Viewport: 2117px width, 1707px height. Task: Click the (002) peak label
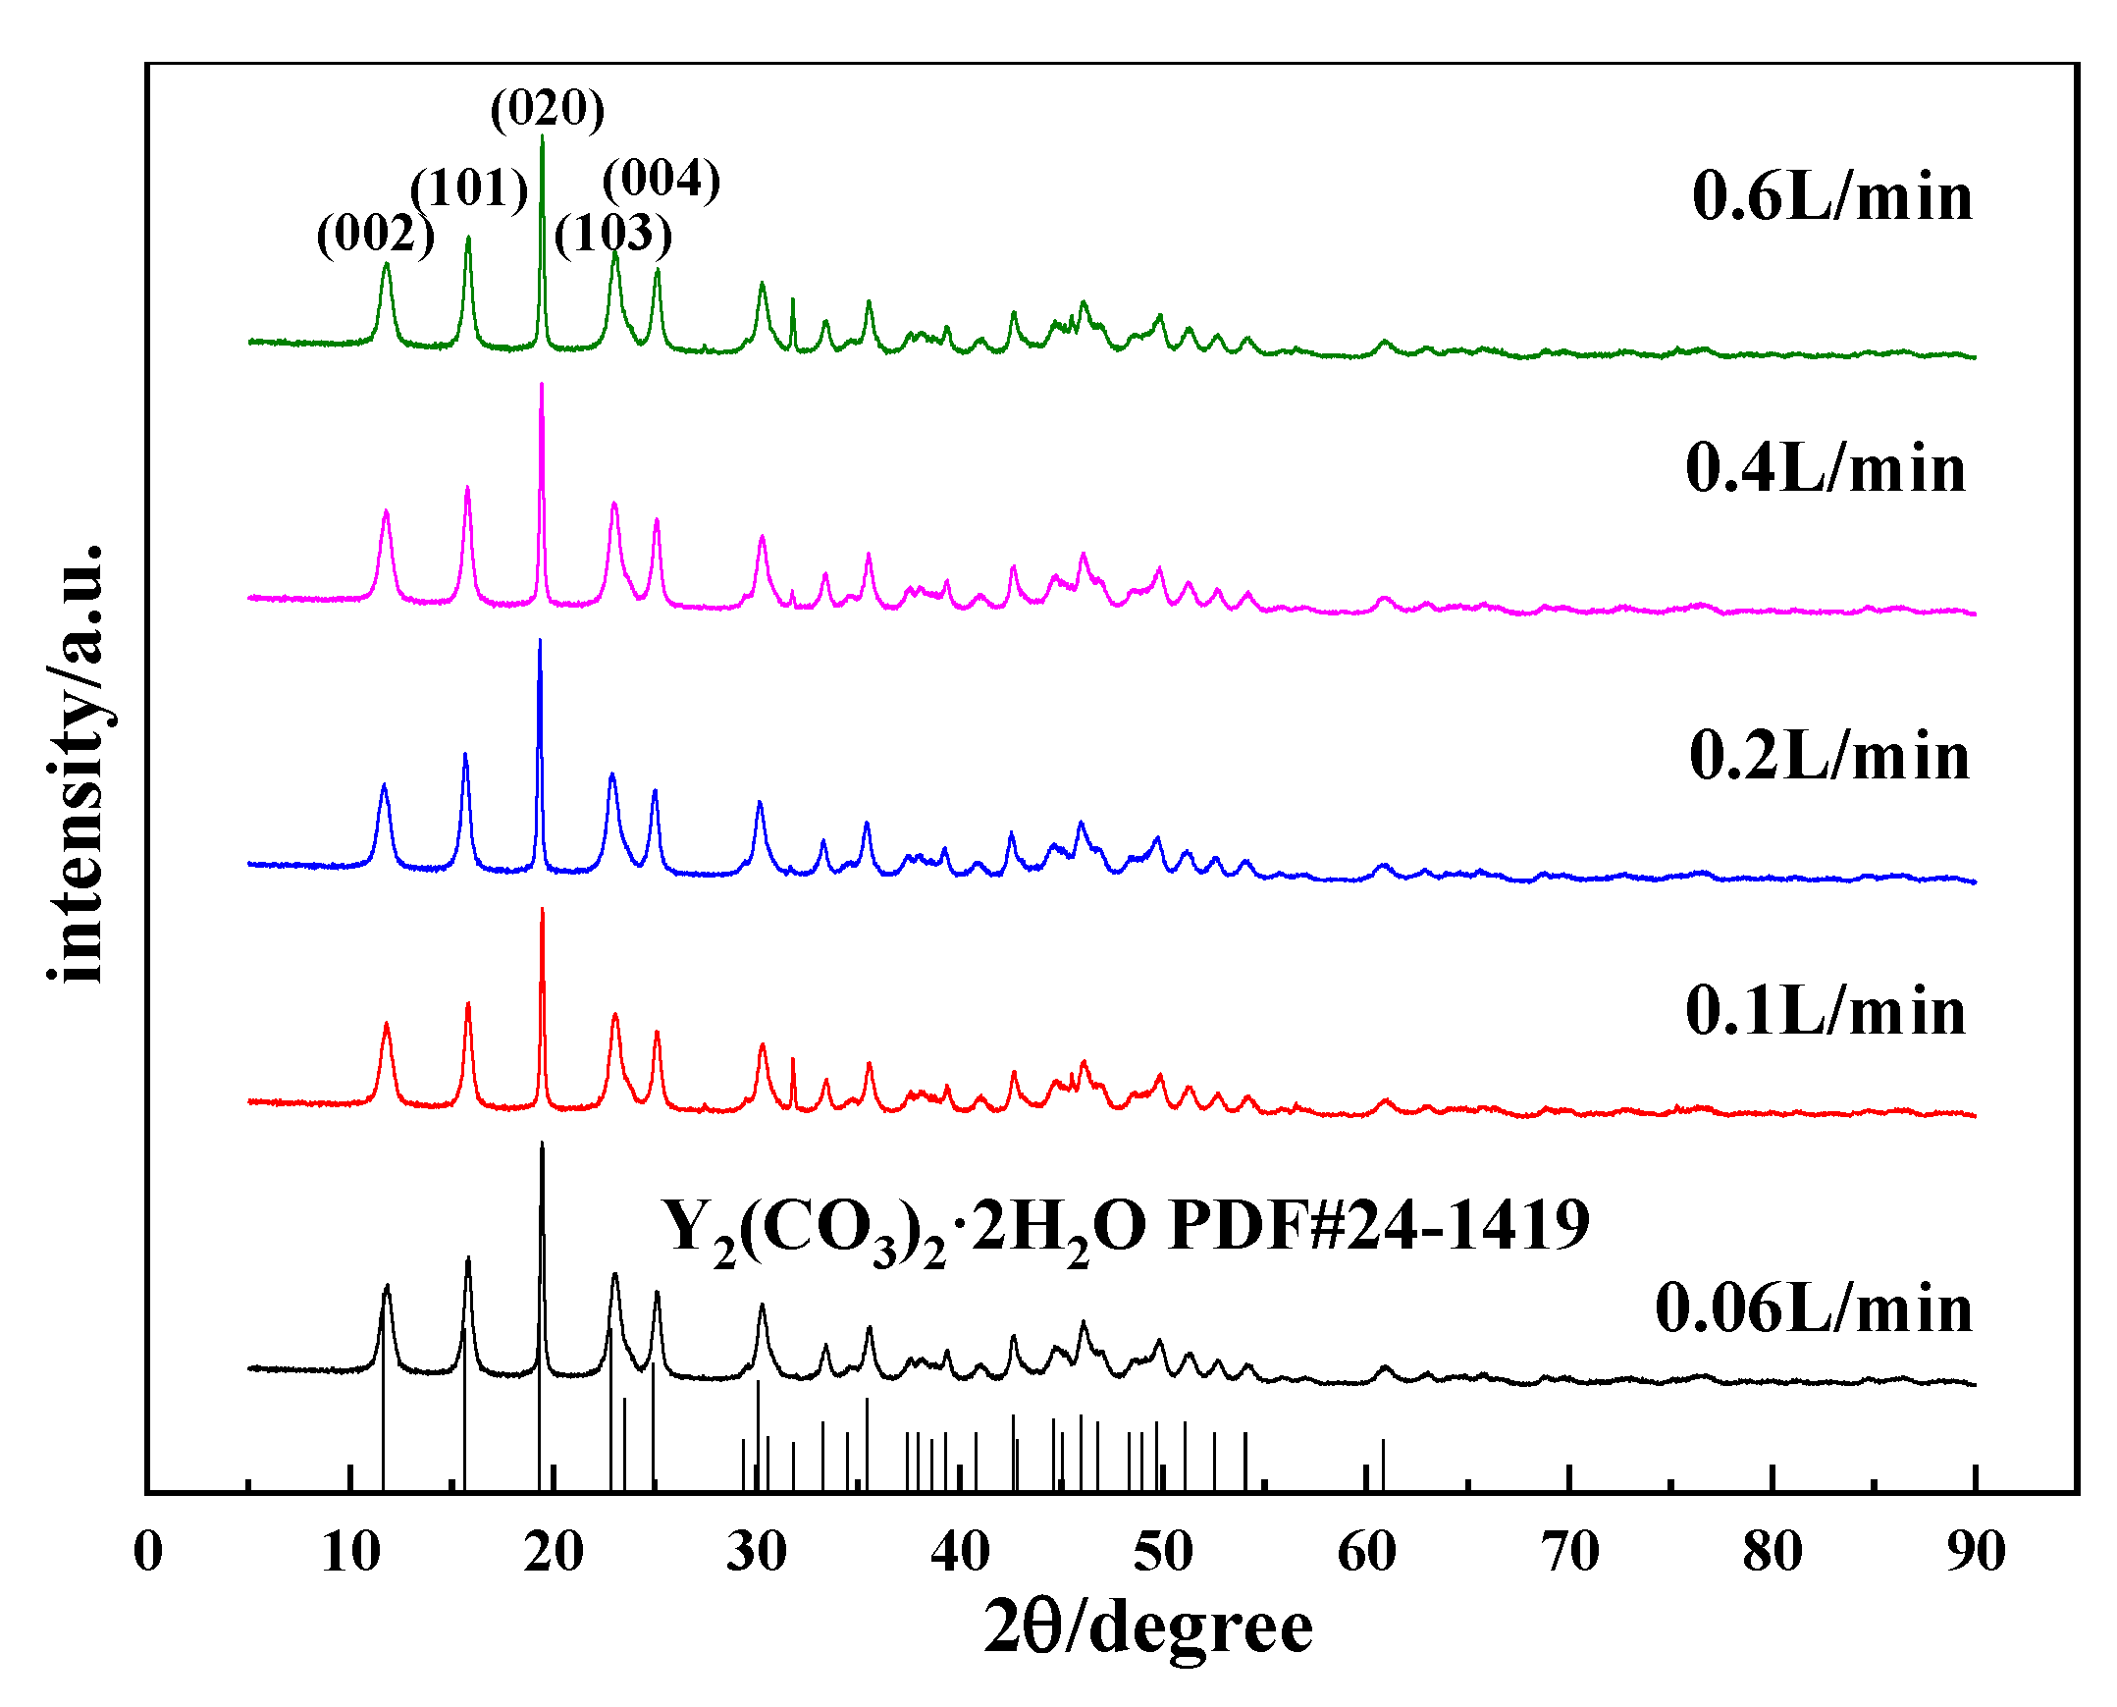[x=376, y=234]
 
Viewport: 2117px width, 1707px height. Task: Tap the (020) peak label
[x=548, y=107]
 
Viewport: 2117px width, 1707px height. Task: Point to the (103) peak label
[x=613, y=233]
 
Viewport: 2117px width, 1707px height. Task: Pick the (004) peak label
[x=662, y=179]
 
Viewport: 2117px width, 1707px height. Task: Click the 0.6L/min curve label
[x=1831, y=196]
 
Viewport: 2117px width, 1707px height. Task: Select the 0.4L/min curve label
[x=1825, y=468]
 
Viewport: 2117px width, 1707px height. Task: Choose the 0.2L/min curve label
[x=1828, y=756]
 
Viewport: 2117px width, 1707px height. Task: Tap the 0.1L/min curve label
[x=1825, y=1011]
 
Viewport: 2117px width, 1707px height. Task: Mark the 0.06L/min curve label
[x=1813, y=1308]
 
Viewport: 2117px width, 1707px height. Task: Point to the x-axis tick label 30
[x=756, y=1553]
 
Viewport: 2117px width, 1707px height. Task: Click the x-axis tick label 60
[x=1366, y=1553]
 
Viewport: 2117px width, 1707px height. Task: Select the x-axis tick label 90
[x=1975, y=1553]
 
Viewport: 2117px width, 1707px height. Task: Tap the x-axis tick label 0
[x=148, y=1553]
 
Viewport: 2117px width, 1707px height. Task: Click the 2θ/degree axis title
[x=1147, y=1627]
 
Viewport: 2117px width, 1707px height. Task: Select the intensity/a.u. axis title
[x=77, y=762]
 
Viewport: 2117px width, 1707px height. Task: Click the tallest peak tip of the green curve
[x=542, y=136]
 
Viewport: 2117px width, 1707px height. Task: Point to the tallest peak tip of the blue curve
[x=540, y=641]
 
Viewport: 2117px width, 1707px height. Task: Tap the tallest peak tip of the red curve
[x=542, y=910]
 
